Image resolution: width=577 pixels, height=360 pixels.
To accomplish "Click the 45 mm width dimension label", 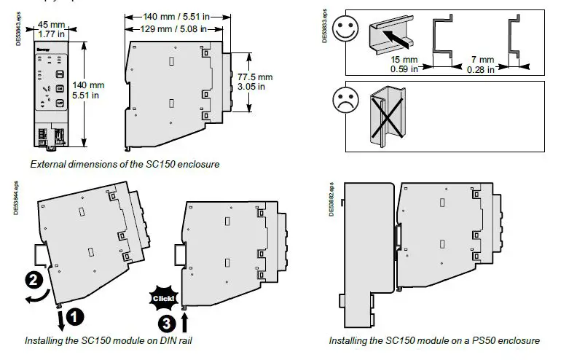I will [x=52, y=28].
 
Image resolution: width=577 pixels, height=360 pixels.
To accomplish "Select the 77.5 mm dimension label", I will [x=255, y=81].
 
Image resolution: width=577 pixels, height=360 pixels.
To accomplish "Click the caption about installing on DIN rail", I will [x=109, y=340].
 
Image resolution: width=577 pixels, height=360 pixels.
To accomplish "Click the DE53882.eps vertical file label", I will [x=332, y=197].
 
